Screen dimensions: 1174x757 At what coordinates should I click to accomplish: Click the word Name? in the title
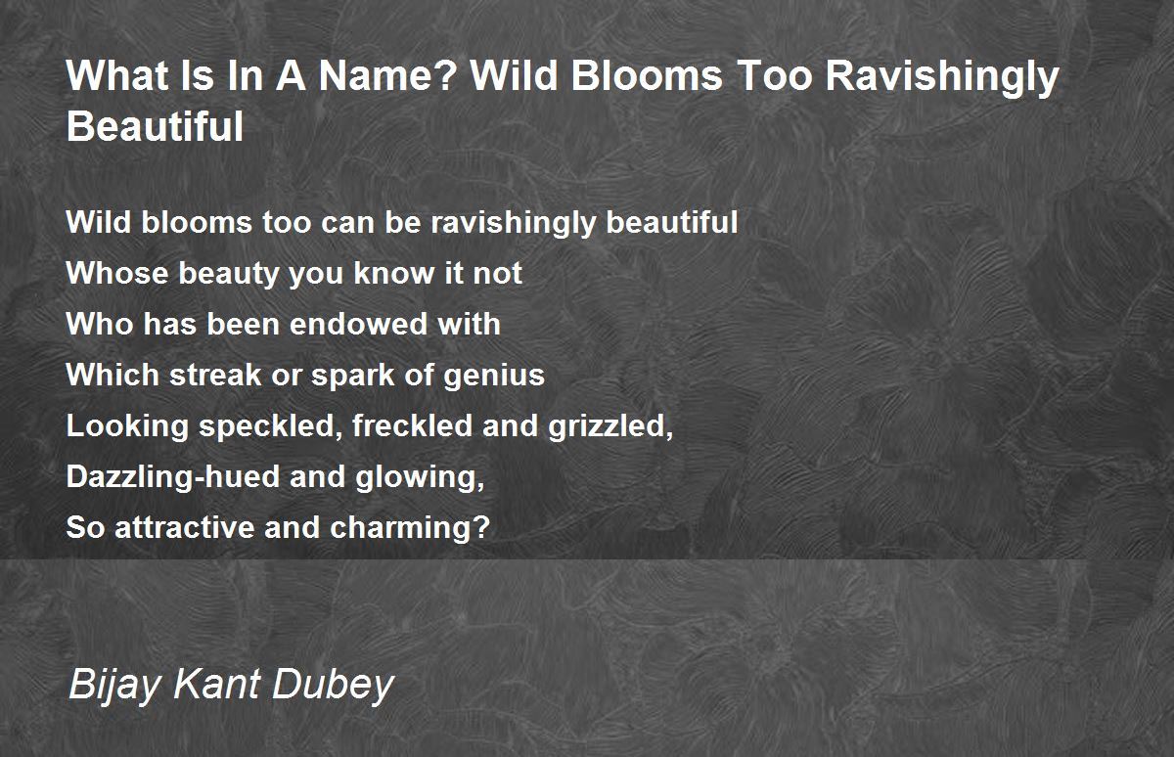point(387,75)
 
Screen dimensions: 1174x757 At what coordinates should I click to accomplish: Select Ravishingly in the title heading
point(942,78)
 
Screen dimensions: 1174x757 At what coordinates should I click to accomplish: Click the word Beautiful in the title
point(156,126)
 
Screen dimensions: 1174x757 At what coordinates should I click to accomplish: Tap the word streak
point(215,375)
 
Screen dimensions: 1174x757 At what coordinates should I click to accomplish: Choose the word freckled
point(413,425)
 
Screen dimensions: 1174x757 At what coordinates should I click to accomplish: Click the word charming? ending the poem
point(409,528)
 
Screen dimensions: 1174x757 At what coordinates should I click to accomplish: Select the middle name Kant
point(216,684)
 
